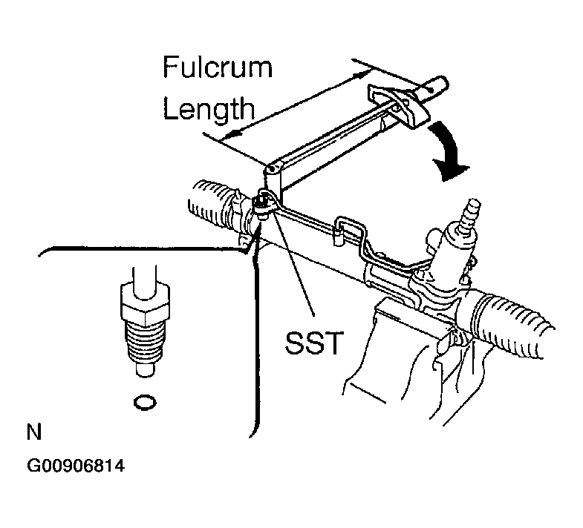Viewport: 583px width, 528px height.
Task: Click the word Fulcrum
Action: coord(218,67)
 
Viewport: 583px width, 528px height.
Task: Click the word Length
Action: coord(209,108)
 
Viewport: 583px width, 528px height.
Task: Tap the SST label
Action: coord(313,343)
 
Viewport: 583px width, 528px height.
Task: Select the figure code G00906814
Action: coord(76,466)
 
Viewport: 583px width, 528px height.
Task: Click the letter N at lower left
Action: coord(34,432)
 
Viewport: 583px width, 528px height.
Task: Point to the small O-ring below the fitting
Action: coord(145,403)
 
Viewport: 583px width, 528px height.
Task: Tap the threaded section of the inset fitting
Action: coord(145,342)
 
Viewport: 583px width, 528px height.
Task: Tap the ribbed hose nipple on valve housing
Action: coord(469,215)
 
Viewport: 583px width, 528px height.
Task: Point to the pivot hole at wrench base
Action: coord(272,169)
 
